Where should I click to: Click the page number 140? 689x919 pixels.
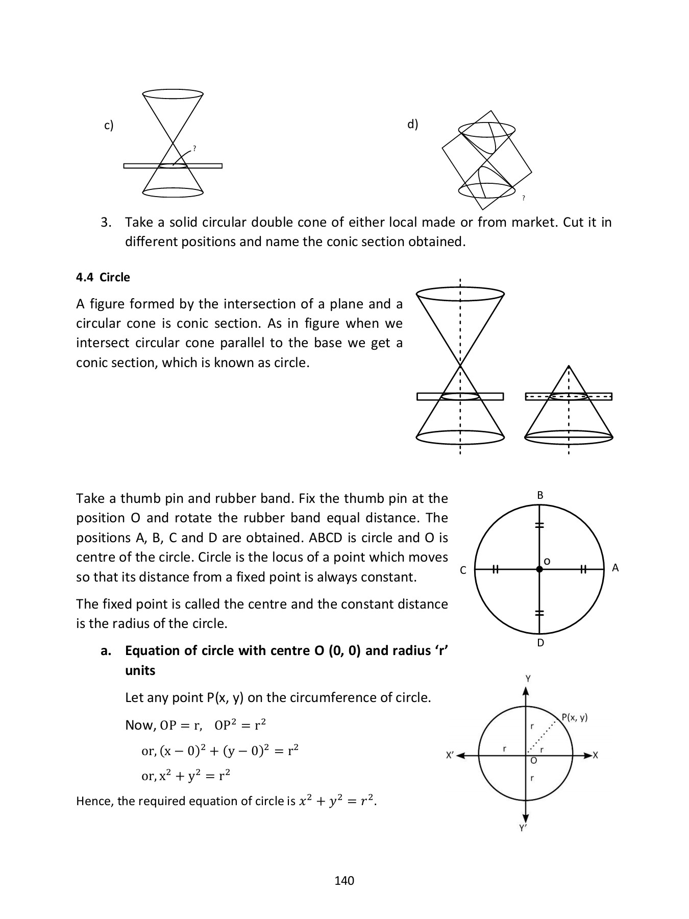click(344, 880)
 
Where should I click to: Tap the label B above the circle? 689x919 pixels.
click(540, 495)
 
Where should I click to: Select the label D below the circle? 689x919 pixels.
click(540, 643)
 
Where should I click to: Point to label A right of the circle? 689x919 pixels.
click(615, 568)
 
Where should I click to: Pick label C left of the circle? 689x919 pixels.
click(463, 571)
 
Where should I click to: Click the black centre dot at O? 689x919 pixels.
click(539, 569)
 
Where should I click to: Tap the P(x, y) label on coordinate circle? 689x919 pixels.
click(574, 717)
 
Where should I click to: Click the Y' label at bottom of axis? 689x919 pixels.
click(523, 828)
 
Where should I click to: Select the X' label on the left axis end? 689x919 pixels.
click(449, 755)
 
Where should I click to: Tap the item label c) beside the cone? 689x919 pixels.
click(109, 126)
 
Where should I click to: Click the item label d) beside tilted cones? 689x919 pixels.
click(412, 124)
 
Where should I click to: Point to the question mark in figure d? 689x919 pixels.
click(524, 198)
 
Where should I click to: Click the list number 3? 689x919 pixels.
click(106, 223)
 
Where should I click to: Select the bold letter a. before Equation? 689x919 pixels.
click(106, 651)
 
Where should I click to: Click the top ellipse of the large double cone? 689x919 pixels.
click(460, 294)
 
